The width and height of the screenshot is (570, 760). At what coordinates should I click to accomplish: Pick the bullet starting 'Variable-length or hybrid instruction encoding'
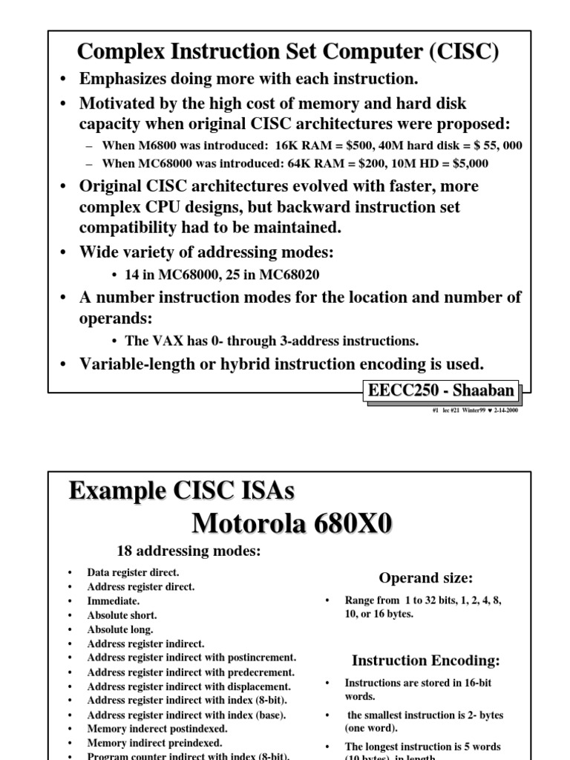coord(281,363)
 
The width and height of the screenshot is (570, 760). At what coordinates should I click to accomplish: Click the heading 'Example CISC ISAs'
coord(181,491)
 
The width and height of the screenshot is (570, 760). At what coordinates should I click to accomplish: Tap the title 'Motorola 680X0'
coord(292,523)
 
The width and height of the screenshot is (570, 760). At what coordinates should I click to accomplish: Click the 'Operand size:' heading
coord(425,577)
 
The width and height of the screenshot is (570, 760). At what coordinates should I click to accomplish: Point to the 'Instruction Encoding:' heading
coord(425,660)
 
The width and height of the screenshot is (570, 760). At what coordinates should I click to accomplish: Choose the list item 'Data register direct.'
coord(132,572)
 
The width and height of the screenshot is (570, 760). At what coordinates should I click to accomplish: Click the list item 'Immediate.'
coord(113,600)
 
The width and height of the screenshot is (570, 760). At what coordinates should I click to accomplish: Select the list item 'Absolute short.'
coord(122,615)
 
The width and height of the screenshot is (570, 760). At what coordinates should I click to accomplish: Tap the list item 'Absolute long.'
coord(120,629)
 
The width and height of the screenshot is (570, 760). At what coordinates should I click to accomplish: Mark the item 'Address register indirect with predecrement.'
coord(191,672)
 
